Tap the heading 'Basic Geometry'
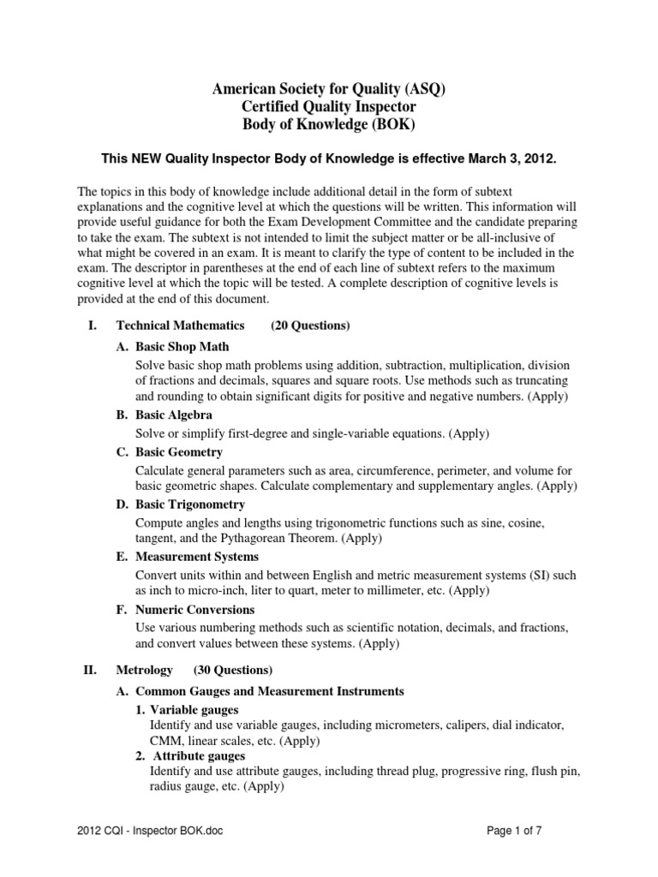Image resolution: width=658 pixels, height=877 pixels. (x=179, y=451)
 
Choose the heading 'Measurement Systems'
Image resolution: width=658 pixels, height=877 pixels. (x=197, y=557)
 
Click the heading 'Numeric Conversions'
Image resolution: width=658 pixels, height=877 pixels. (x=195, y=610)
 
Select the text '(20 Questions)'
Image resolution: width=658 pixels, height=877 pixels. (x=310, y=325)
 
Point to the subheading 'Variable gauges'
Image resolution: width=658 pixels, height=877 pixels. (x=194, y=709)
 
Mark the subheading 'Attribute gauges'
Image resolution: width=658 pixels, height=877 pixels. (x=198, y=756)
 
